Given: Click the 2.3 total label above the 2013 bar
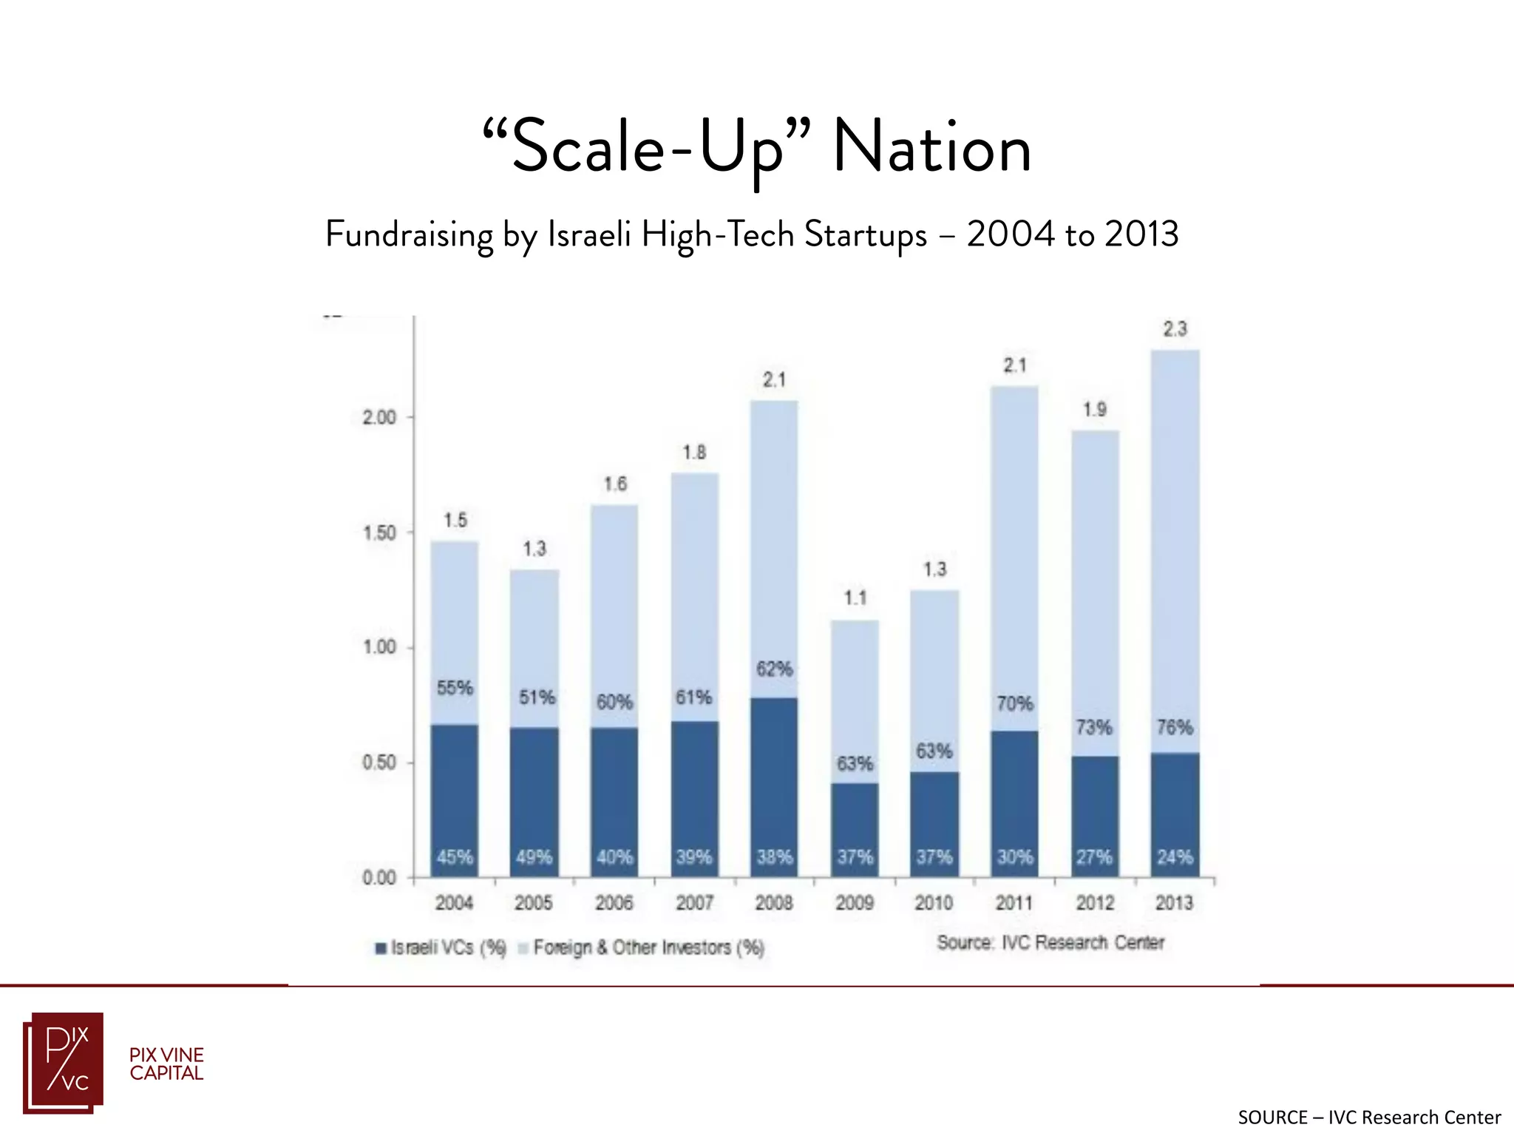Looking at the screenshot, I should pyautogui.click(x=1175, y=329).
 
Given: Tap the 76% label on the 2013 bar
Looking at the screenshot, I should pyautogui.click(x=1175, y=728).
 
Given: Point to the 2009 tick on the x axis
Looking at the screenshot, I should pyautogui.click(x=855, y=903).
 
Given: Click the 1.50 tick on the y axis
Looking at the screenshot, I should pyautogui.click(x=379, y=533).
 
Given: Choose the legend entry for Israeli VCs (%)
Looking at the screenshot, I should pyautogui.click(x=441, y=948).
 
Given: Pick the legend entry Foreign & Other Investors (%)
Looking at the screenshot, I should pyautogui.click(x=642, y=948).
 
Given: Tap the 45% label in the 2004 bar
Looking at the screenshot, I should pyautogui.click(x=455, y=857).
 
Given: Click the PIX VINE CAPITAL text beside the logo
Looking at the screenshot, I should pyautogui.click(x=166, y=1064).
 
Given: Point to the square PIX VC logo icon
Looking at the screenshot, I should pyautogui.click(x=64, y=1063).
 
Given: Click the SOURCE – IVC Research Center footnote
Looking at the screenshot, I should pyautogui.click(x=1369, y=1117).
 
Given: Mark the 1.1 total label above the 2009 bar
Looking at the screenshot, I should pyautogui.click(x=855, y=598).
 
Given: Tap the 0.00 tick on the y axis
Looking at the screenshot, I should pyautogui.click(x=379, y=878).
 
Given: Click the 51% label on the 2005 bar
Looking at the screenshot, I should pyautogui.click(x=536, y=697).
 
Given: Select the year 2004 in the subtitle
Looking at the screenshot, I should pyautogui.click(x=1010, y=234).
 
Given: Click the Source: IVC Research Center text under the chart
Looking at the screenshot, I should pyautogui.click(x=1050, y=943).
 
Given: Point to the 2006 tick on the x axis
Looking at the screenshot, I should pyautogui.click(x=614, y=903).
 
